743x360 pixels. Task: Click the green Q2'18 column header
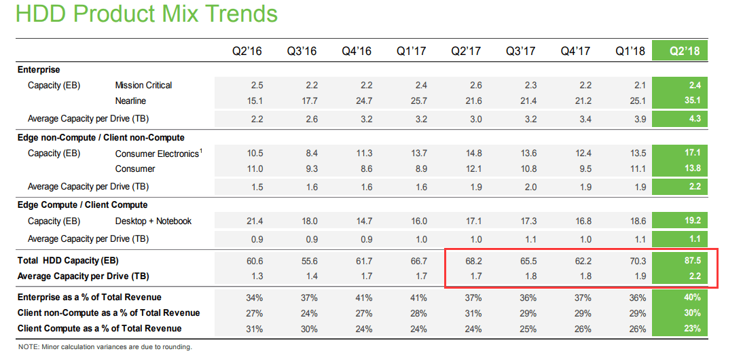[x=685, y=51]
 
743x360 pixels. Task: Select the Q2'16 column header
[x=247, y=51]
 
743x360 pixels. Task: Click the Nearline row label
[x=130, y=101]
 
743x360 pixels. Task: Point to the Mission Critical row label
[x=143, y=85]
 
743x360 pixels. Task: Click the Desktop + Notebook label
[x=153, y=221]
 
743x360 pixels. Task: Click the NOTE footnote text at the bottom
[x=105, y=347]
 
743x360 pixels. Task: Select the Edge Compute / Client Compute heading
[x=82, y=204]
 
